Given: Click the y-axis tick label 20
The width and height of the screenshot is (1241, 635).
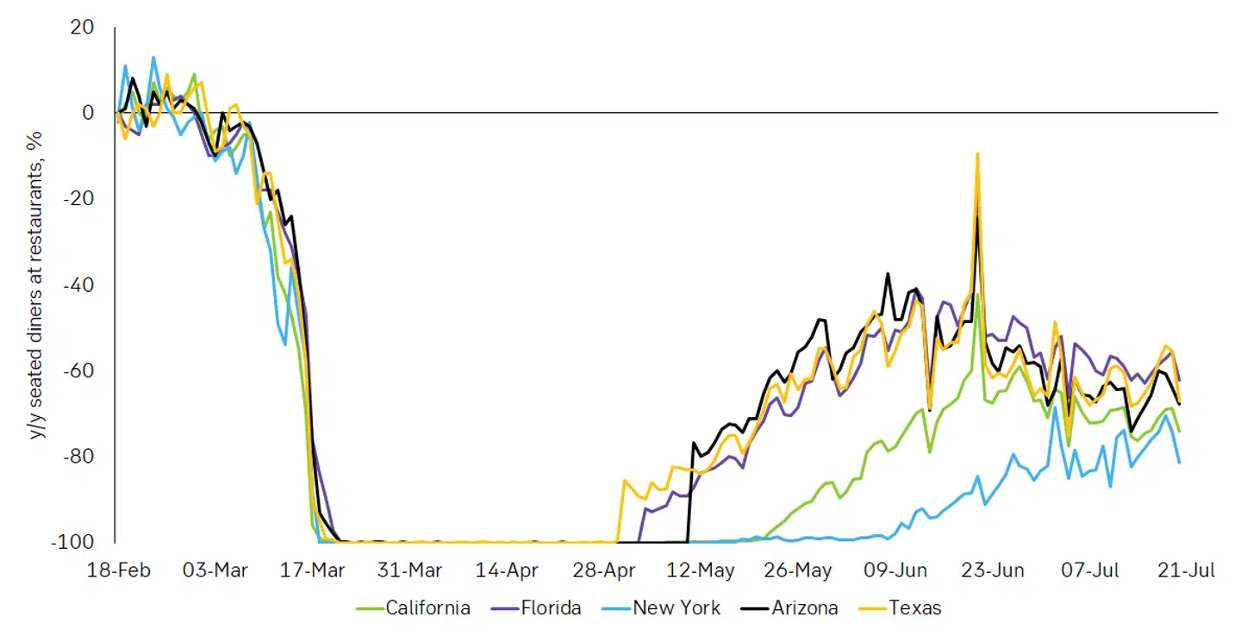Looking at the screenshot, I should pos(82,28).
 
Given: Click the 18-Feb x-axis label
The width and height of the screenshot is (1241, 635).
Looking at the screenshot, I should pos(119,570).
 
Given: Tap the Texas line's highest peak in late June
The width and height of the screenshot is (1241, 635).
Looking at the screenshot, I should pos(977,154).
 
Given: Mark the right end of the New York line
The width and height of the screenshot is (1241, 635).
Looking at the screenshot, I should pos(1179,463).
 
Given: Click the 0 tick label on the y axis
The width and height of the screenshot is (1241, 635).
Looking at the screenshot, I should pos(87,113).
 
